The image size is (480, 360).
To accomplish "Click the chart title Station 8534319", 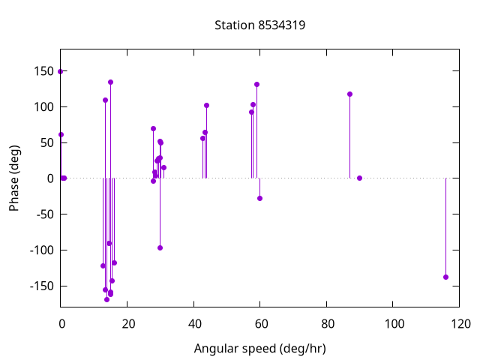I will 259,25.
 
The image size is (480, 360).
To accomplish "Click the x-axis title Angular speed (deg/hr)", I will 259,349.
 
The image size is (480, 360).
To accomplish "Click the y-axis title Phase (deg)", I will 14,178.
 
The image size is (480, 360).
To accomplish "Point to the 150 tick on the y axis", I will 45,71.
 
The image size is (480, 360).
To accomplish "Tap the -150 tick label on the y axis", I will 43,286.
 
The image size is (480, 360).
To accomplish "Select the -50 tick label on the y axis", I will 45,214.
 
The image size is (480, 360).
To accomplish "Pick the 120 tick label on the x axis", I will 460,324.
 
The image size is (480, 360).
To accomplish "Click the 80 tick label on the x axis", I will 327,324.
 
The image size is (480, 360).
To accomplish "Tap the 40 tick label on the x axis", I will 193,324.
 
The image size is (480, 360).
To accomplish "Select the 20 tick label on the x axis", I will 127,324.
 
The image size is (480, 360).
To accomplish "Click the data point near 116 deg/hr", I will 445,277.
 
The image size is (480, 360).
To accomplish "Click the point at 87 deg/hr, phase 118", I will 349,94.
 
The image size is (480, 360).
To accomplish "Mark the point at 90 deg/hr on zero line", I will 359,178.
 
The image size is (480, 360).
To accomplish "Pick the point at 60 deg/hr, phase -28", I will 259,198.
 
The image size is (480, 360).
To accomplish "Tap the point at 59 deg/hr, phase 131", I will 256,84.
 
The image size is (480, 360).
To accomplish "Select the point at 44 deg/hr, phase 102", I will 206,105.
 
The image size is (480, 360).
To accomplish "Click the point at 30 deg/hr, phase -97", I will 160,247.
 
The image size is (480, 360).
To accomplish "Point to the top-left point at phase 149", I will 60,71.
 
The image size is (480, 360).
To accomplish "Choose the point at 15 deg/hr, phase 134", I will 110,82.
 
